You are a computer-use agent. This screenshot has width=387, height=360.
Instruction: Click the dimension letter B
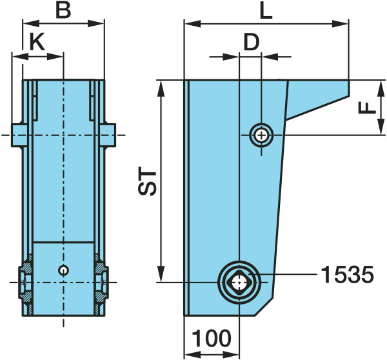63,10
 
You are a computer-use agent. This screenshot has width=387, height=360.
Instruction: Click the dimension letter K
37,41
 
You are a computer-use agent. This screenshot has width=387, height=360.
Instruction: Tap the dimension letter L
266,11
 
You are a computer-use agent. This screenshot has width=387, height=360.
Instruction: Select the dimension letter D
252,42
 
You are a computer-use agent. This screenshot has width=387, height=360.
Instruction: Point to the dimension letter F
367,108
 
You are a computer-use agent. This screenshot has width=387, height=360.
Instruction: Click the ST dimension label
147,181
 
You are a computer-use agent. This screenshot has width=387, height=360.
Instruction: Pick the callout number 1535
347,274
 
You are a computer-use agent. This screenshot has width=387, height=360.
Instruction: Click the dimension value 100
212,338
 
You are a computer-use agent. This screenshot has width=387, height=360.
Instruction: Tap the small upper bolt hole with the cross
261,135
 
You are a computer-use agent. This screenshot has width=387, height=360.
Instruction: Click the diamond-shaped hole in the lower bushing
239,282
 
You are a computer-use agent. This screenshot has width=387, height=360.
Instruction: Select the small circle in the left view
63,270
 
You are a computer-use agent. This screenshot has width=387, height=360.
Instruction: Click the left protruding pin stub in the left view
19,135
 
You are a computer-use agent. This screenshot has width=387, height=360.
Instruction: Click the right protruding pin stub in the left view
108,135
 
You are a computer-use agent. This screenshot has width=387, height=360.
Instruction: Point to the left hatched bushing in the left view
26,282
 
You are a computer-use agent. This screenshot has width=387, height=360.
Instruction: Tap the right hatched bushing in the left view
101,282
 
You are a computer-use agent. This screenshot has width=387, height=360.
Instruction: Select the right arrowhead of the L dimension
340,24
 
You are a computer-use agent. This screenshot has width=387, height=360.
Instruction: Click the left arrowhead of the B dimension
31,24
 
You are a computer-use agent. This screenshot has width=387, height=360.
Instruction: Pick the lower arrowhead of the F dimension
381,126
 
